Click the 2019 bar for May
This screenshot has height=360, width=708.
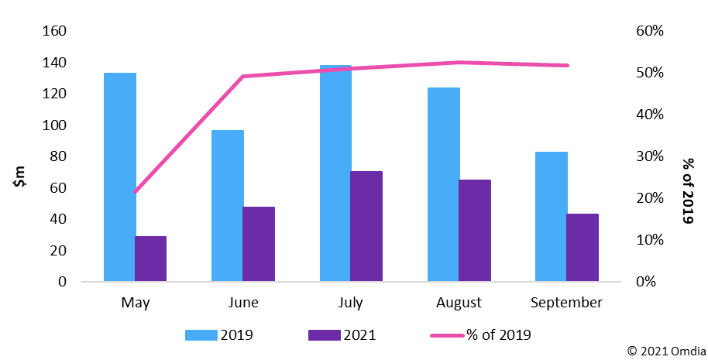(120, 177)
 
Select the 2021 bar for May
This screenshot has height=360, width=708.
(150, 259)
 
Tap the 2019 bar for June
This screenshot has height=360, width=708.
(228, 206)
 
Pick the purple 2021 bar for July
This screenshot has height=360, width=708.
(366, 226)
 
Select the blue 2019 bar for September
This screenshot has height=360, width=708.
(552, 217)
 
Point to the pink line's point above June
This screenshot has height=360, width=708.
(243, 76)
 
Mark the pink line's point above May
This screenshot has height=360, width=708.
(136, 191)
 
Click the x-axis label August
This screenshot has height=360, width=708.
(459, 302)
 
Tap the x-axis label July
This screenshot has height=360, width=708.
(352, 302)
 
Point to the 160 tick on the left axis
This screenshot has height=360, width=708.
(55, 31)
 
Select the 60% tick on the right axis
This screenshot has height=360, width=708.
(649, 31)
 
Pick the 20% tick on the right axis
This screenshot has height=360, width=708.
(649, 198)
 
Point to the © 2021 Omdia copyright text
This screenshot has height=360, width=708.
(665, 351)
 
